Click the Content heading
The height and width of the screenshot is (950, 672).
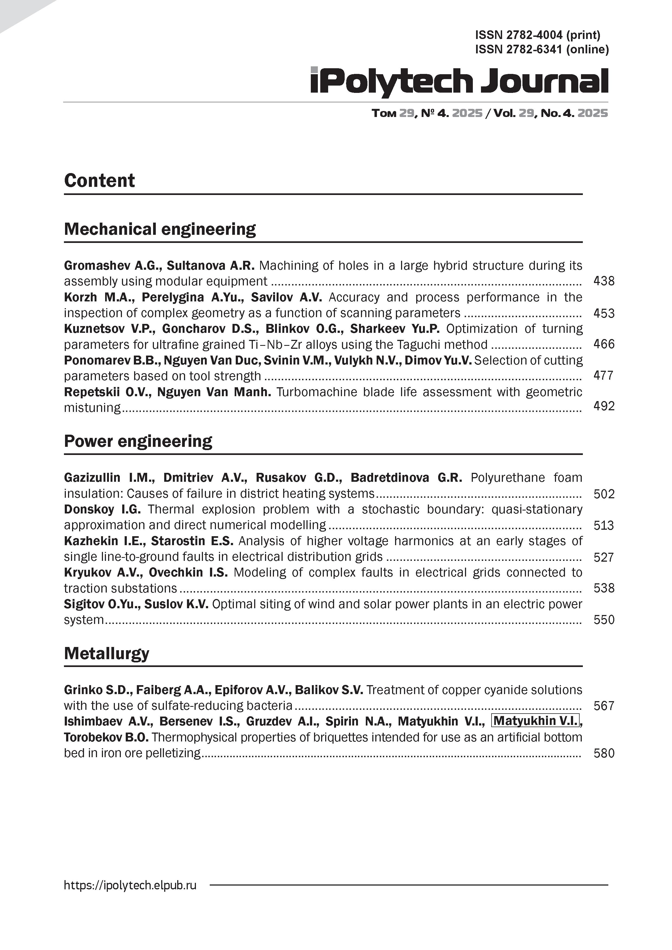99,181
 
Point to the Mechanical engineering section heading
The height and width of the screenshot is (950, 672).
160,229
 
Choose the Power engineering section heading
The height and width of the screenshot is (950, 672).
138,441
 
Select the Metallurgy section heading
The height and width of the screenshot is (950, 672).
106,653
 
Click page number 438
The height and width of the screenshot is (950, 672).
604,281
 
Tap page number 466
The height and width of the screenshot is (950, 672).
604,344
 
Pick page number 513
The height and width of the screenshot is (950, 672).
604,525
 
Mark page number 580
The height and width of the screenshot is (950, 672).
604,753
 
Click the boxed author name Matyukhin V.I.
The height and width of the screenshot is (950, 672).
535,721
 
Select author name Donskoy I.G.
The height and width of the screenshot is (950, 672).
102,509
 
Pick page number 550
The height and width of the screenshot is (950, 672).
604,620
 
